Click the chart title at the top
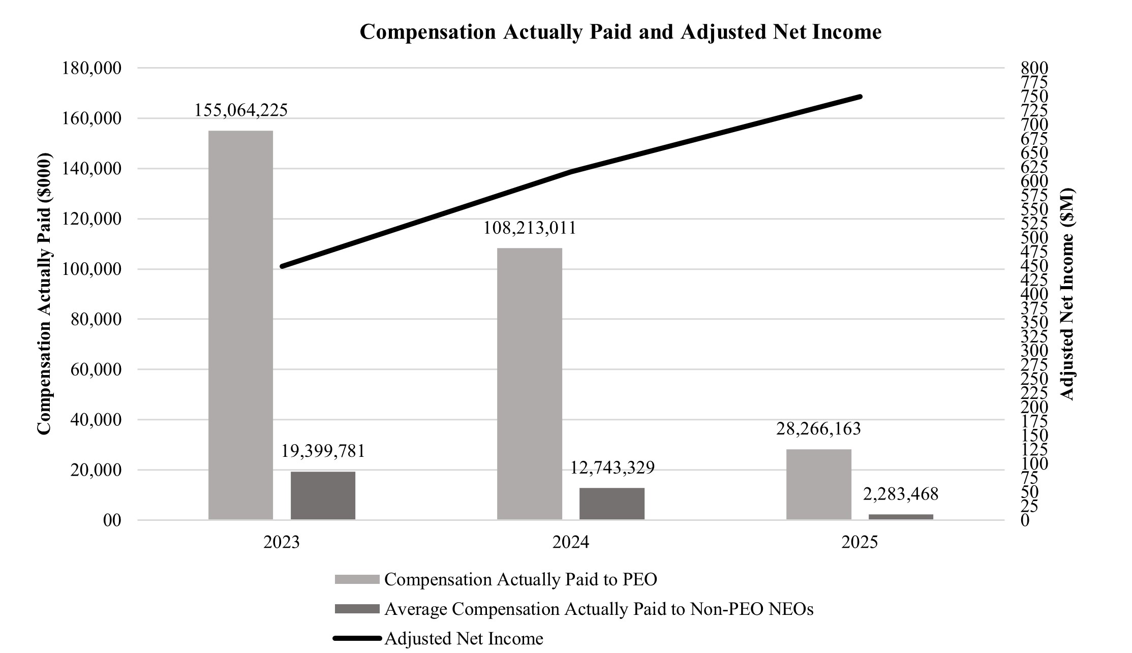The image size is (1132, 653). point(620,32)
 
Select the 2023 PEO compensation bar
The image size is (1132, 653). point(240,325)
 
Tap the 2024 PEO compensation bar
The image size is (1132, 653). point(529,384)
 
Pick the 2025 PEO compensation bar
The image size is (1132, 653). point(818,484)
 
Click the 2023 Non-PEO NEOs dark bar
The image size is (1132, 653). point(323,495)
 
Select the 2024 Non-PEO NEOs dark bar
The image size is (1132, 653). point(611,504)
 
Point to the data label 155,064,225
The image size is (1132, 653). point(241,110)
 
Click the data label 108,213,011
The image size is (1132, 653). point(529,228)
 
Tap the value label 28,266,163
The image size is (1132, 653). point(818,429)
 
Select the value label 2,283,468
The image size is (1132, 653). point(901,493)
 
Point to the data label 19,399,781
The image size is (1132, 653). point(323,451)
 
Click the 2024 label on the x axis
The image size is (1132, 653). point(570,543)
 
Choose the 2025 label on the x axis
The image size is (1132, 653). point(860,543)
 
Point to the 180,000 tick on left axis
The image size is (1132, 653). point(91,68)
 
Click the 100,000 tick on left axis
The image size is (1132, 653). point(91,269)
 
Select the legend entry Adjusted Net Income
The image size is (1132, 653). point(464,638)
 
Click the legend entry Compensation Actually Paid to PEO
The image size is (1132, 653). point(521,579)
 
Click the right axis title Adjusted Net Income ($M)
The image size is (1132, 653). point(1068,294)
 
